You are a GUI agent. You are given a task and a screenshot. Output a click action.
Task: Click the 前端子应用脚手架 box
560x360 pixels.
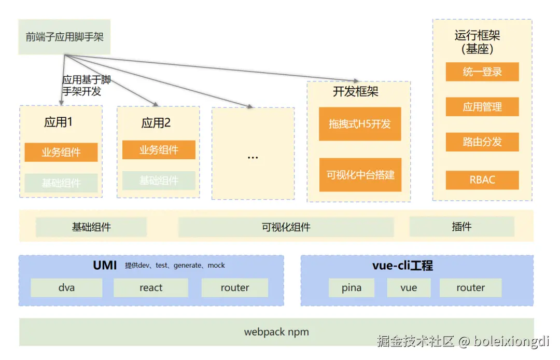pos(64,37)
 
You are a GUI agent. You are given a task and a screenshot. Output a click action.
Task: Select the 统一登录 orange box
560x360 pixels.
pos(482,72)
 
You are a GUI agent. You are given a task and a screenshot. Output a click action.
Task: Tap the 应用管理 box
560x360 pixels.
pos(482,107)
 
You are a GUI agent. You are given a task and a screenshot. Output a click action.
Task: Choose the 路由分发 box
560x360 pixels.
pos(482,142)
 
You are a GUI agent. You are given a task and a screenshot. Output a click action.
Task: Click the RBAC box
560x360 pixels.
pos(482,179)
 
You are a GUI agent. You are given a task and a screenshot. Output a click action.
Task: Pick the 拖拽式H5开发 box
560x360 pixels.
pos(360,124)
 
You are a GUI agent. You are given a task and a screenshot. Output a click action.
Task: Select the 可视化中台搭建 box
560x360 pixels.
pos(360,175)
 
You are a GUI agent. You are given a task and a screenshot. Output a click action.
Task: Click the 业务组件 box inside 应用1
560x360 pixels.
pos(61,152)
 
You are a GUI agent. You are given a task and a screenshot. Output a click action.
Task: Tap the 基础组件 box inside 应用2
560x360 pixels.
pos(159,181)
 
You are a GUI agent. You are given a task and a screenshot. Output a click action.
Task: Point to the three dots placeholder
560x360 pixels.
pos(253,158)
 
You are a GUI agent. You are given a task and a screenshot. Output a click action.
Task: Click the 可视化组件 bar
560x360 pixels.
pos(286,227)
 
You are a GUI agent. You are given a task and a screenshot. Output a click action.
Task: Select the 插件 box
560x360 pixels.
pos(462,226)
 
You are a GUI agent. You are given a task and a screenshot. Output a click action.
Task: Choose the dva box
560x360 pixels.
pos(66,287)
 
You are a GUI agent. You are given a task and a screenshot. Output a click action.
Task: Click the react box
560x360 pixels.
pos(151,287)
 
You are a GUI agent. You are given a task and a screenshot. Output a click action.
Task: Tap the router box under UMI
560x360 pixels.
pos(235,287)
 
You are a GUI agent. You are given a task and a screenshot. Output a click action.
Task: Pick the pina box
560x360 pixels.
pos(352,287)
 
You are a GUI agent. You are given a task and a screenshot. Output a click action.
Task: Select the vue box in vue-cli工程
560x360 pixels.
pos(409,287)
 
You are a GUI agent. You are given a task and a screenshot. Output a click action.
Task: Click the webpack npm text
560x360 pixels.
pos(276,332)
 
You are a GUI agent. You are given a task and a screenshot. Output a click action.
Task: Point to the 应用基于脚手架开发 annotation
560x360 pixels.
pos(87,86)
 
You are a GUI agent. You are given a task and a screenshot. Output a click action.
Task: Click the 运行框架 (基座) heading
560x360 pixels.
pos(477,42)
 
